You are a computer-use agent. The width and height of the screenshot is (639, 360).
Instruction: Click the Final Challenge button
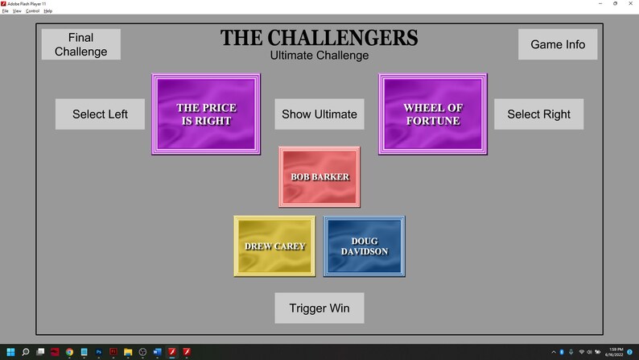coord(80,44)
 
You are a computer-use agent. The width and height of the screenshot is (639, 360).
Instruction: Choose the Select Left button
coord(100,114)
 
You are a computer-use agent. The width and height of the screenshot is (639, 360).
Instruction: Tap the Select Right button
coord(538,114)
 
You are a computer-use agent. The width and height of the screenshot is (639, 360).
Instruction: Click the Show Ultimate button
coord(319,114)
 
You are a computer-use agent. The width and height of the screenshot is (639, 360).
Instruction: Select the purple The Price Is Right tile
coord(206,114)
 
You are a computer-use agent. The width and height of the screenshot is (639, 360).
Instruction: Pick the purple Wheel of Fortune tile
coord(432,114)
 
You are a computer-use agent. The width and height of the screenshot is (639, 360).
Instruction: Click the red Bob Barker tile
coord(319,176)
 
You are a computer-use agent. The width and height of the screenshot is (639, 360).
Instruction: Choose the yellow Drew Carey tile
coord(274,246)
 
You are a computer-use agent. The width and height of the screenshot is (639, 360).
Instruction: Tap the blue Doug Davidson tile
coord(364,246)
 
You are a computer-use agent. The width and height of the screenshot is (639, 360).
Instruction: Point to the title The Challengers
coord(319,38)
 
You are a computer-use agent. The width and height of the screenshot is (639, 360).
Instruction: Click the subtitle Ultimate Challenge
coord(319,56)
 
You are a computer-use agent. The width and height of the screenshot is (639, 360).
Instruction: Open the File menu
coord(5,11)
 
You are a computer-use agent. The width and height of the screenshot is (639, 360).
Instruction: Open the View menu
coord(16,11)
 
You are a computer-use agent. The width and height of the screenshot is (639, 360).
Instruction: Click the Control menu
coord(32,11)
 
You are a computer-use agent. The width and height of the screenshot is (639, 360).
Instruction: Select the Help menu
coord(47,11)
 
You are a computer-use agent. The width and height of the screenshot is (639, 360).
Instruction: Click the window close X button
coord(630,3)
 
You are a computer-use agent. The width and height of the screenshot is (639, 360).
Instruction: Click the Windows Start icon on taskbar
coord(10,352)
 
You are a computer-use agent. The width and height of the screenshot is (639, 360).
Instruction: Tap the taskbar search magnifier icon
coord(26,352)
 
